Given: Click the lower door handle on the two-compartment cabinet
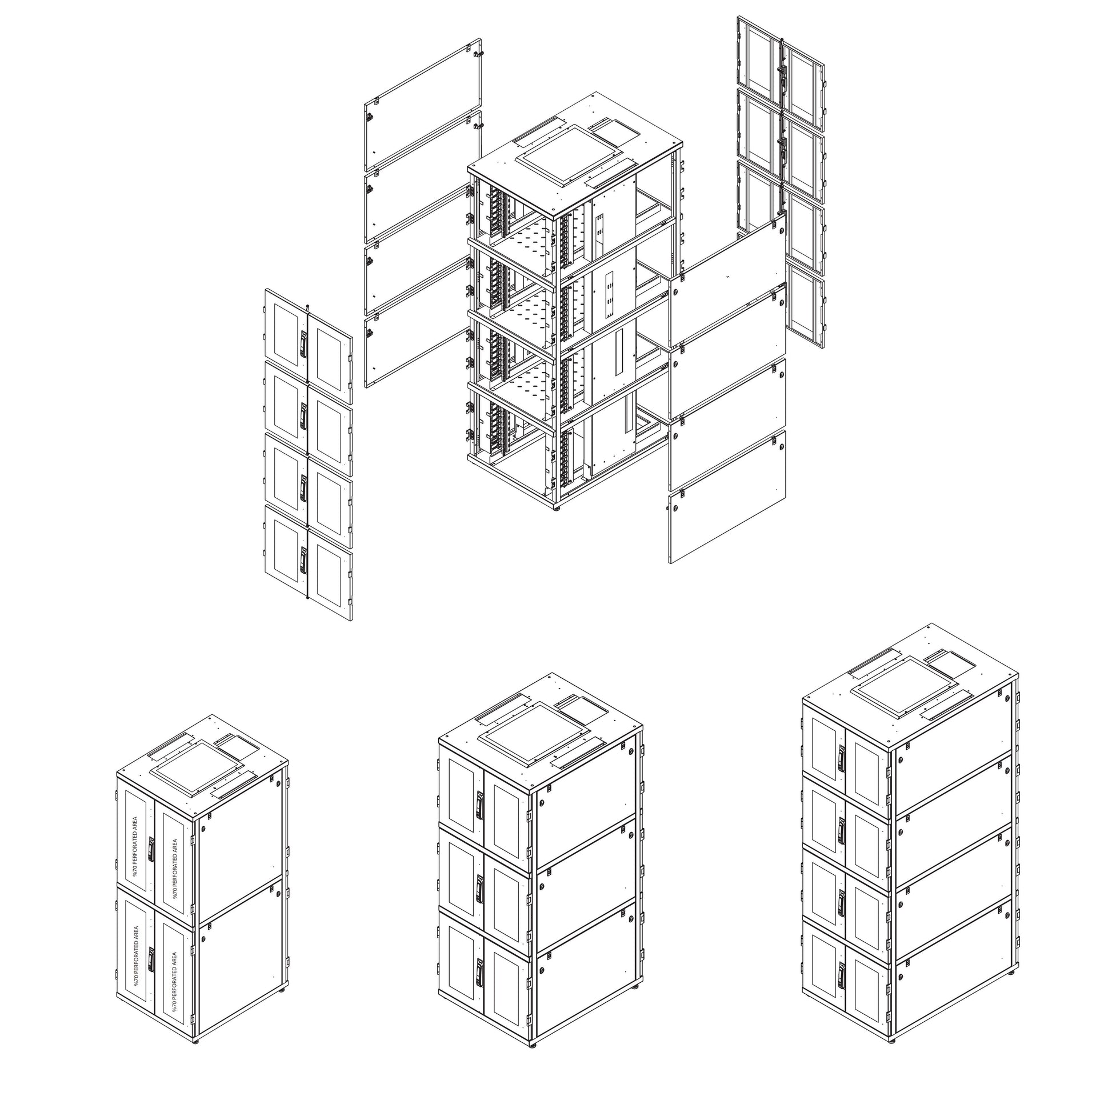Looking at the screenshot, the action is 151,959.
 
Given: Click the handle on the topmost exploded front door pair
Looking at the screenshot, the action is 303,344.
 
